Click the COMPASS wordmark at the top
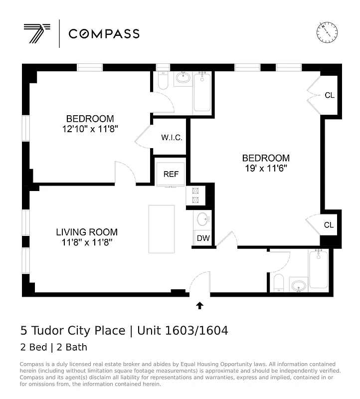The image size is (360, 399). click(x=104, y=34)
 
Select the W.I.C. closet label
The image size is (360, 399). click(x=171, y=137)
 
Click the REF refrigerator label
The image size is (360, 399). click(x=171, y=174)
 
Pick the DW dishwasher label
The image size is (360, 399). click(x=203, y=238)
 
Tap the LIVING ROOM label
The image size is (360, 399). click(x=87, y=232)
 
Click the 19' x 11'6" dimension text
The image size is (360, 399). click(x=265, y=168)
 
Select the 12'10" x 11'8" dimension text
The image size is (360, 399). click(x=90, y=129)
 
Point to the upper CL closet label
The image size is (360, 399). click(x=329, y=95)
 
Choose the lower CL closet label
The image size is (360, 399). click(x=329, y=225)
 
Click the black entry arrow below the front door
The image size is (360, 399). click(x=200, y=305)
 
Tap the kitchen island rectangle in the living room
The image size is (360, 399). click(x=162, y=229)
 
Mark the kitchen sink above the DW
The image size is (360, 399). click(x=202, y=219)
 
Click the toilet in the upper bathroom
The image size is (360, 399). click(x=163, y=81)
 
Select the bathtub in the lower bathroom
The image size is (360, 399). click(x=318, y=269)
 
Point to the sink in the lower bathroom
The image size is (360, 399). click(x=299, y=285)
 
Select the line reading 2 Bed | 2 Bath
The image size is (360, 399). click(x=54, y=347)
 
